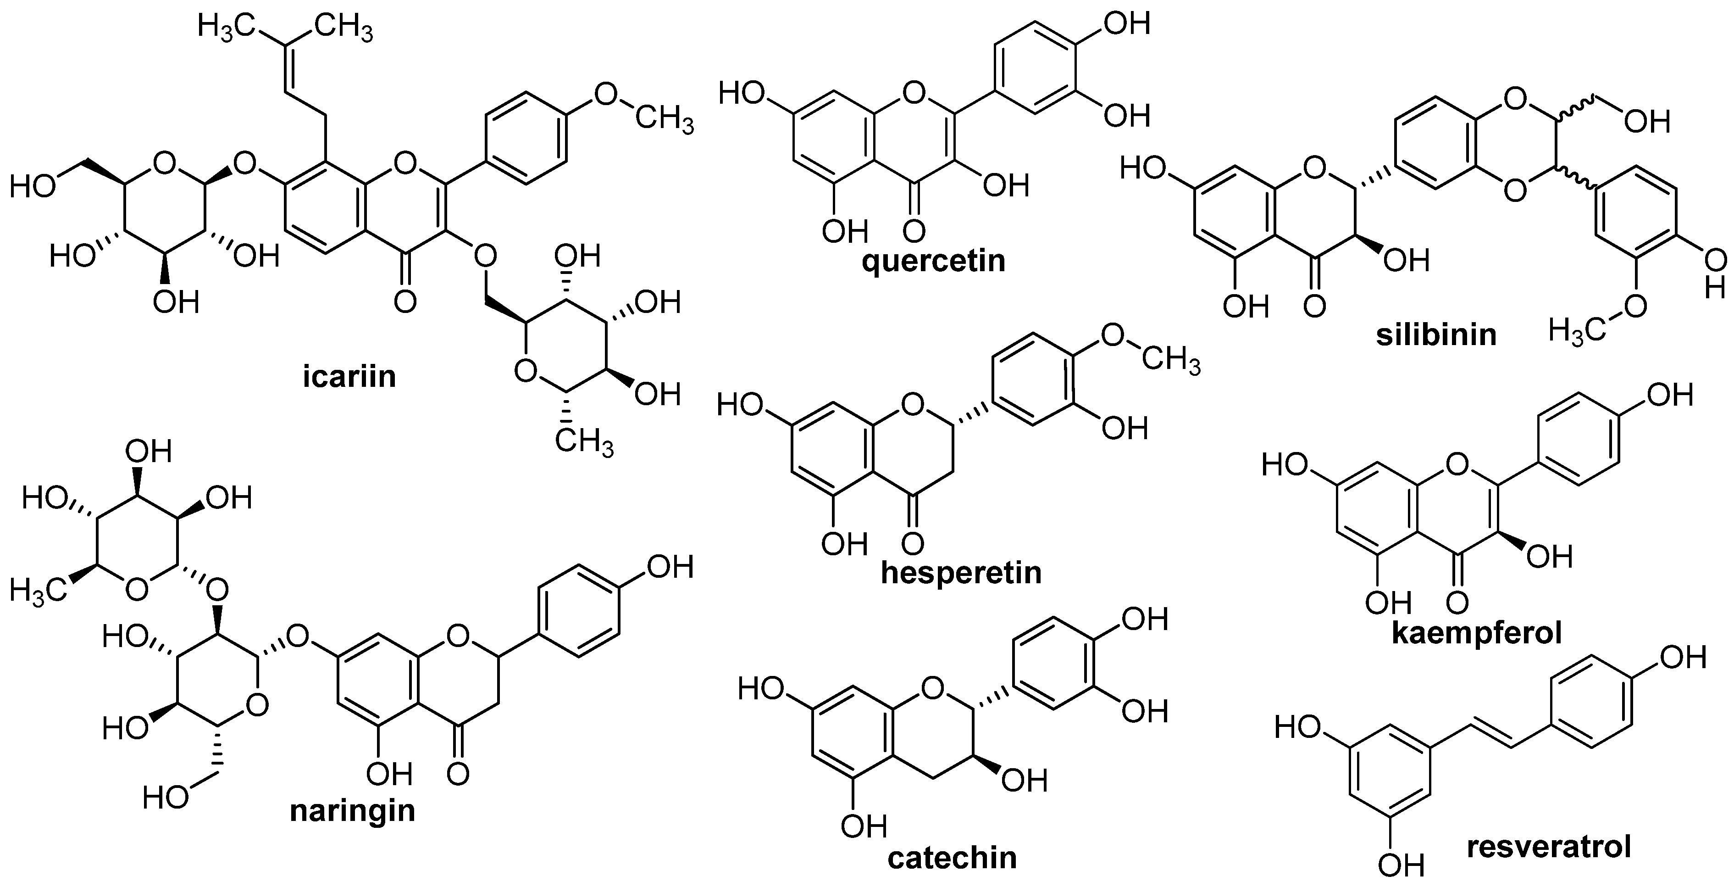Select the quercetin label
click(x=934, y=261)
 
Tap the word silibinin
click(x=1436, y=335)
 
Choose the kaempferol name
click(x=1477, y=633)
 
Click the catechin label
click(x=952, y=859)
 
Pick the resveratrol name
click(x=1549, y=847)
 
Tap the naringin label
click(x=352, y=810)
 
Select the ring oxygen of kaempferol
click(x=1457, y=464)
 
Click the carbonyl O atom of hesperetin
click(x=912, y=543)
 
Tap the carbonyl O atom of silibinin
click(x=1314, y=307)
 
